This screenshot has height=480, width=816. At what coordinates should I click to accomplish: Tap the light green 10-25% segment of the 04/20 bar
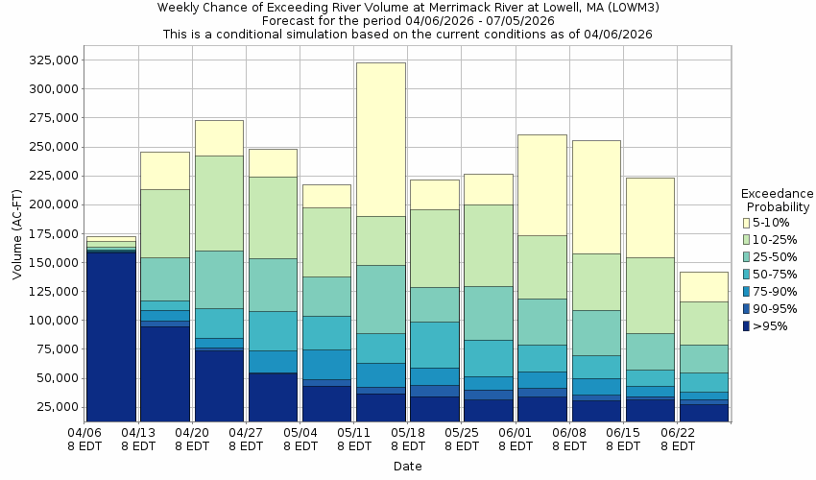point(218,203)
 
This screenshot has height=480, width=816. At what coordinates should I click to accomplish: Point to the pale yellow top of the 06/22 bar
point(704,286)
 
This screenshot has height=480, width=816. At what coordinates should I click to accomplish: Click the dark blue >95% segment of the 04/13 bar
point(164,373)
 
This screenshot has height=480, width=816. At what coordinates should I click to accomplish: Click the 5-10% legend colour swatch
point(747,223)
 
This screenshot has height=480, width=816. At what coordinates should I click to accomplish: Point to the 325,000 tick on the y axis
point(52,60)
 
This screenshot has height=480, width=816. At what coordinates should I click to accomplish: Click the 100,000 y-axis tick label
point(52,320)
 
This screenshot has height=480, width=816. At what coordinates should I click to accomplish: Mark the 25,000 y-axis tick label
point(56,407)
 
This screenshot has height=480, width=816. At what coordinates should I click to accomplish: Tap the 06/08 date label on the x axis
point(570,440)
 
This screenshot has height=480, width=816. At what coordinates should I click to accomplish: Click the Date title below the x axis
point(407,467)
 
